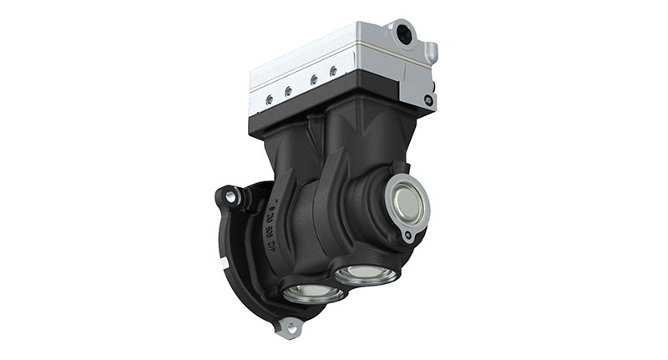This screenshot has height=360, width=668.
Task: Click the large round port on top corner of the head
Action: pos(405,33)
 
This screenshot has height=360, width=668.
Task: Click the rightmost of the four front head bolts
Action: pos(333,73)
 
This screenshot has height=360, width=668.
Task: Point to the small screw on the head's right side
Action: pos(428,100)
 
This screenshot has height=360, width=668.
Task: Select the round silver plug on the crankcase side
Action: pos(407,205)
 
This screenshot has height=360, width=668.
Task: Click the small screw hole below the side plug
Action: pos(407,237)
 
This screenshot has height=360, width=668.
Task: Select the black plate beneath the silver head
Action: pos(326,104)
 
